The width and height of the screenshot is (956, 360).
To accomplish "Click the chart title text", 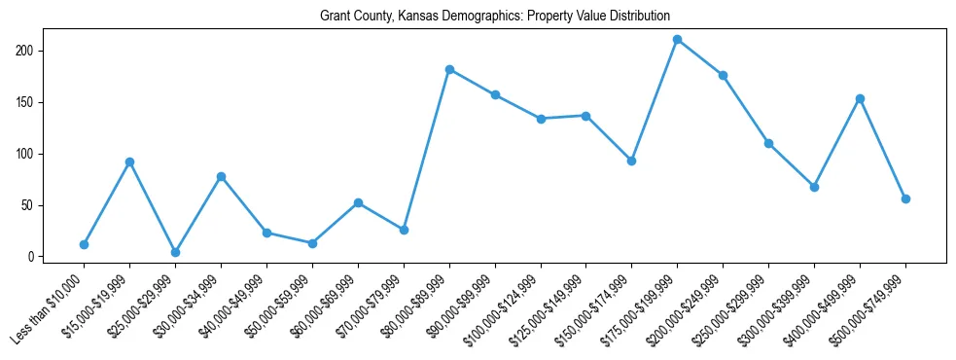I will pos(495,17).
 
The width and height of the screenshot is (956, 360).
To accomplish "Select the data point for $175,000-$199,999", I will pos(677,40).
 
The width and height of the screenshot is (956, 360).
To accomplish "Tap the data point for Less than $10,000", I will pos(84,244).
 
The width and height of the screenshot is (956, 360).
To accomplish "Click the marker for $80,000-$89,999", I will pos(449,69).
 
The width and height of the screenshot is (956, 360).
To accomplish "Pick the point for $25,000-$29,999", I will pos(175,252).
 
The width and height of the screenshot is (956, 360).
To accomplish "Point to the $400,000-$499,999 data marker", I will pos(860,98).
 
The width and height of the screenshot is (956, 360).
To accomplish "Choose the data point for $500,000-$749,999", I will pos(905,198).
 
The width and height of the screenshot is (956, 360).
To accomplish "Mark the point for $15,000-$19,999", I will pos(129,162).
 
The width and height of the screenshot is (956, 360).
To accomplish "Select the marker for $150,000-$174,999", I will pos(631,161).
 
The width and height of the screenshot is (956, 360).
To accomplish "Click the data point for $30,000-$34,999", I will pos(221,176).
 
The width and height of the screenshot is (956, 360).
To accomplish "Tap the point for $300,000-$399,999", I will pos(814,187).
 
